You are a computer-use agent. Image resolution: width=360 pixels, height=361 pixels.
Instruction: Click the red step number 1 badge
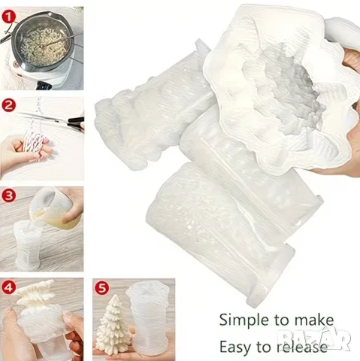[x=9, y=17]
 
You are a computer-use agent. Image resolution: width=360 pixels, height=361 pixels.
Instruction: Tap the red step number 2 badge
[x=9, y=105]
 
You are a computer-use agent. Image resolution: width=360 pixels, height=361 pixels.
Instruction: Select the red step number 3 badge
[x=9, y=196]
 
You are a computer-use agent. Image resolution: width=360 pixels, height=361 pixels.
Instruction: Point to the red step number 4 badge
[x=9, y=287]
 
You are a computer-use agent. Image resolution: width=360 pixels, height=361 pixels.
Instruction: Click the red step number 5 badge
[x=102, y=288]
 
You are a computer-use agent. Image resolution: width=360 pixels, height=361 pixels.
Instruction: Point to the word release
[x=302, y=347]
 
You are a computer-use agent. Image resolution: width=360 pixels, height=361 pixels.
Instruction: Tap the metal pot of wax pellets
[x=43, y=43]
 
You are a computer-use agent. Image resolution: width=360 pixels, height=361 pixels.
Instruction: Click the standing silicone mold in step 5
[x=148, y=318]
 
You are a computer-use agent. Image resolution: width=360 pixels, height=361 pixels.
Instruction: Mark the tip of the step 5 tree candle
[x=115, y=295]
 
